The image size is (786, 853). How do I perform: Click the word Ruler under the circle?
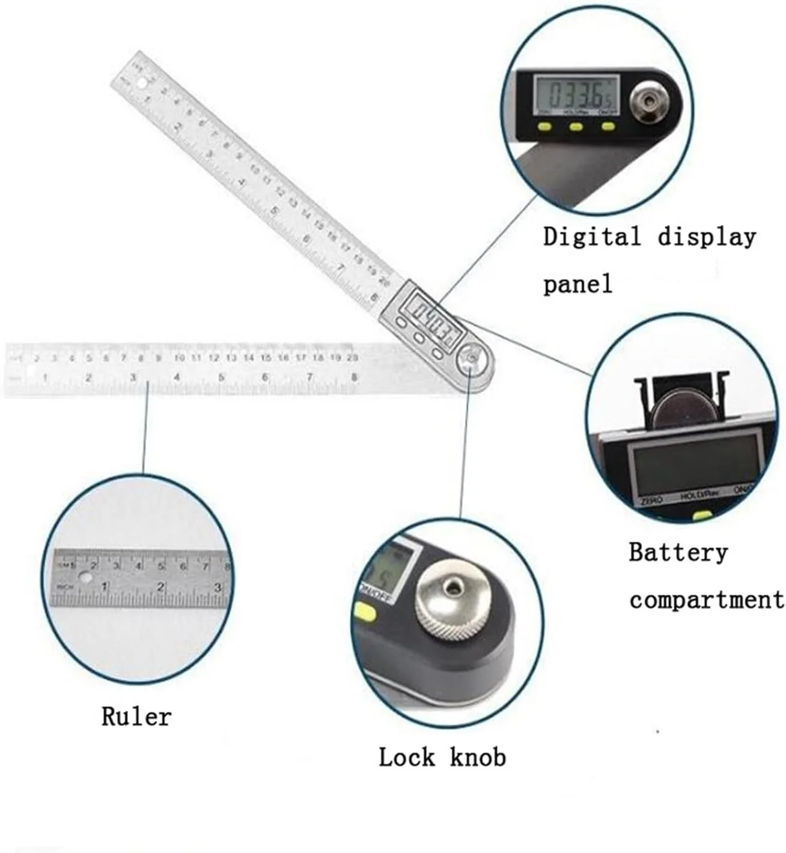point(136,716)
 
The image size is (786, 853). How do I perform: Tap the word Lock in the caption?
point(406,757)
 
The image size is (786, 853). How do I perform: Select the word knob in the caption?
point(478,757)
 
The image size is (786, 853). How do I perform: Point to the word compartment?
point(707,600)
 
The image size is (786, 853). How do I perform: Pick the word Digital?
point(592,237)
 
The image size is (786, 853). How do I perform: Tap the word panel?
point(577,283)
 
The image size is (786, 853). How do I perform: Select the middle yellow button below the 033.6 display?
point(576,127)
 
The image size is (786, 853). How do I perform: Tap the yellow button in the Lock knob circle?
point(365,613)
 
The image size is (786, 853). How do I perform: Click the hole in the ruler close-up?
point(87,578)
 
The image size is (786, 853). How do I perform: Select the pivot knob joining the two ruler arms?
point(471,360)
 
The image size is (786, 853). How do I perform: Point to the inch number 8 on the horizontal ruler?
point(355,377)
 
